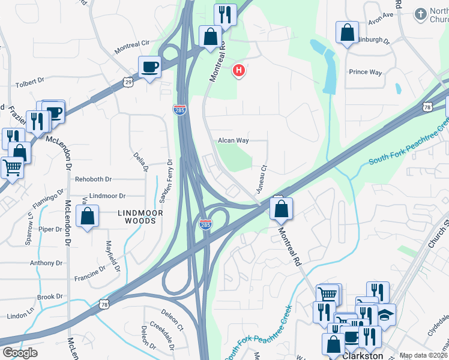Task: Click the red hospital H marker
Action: (239, 71)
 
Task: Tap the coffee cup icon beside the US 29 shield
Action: (149, 67)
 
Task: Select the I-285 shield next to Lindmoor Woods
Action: (205, 224)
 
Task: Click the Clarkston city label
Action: (362, 355)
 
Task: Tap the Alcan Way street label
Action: (233, 140)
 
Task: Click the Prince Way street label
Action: (366, 72)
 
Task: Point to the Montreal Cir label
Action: (132, 44)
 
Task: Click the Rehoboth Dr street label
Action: (93, 179)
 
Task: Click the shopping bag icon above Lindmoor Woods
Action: (88, 217)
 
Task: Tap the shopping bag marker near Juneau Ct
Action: (280, 209)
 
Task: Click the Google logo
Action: (20, 353)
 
